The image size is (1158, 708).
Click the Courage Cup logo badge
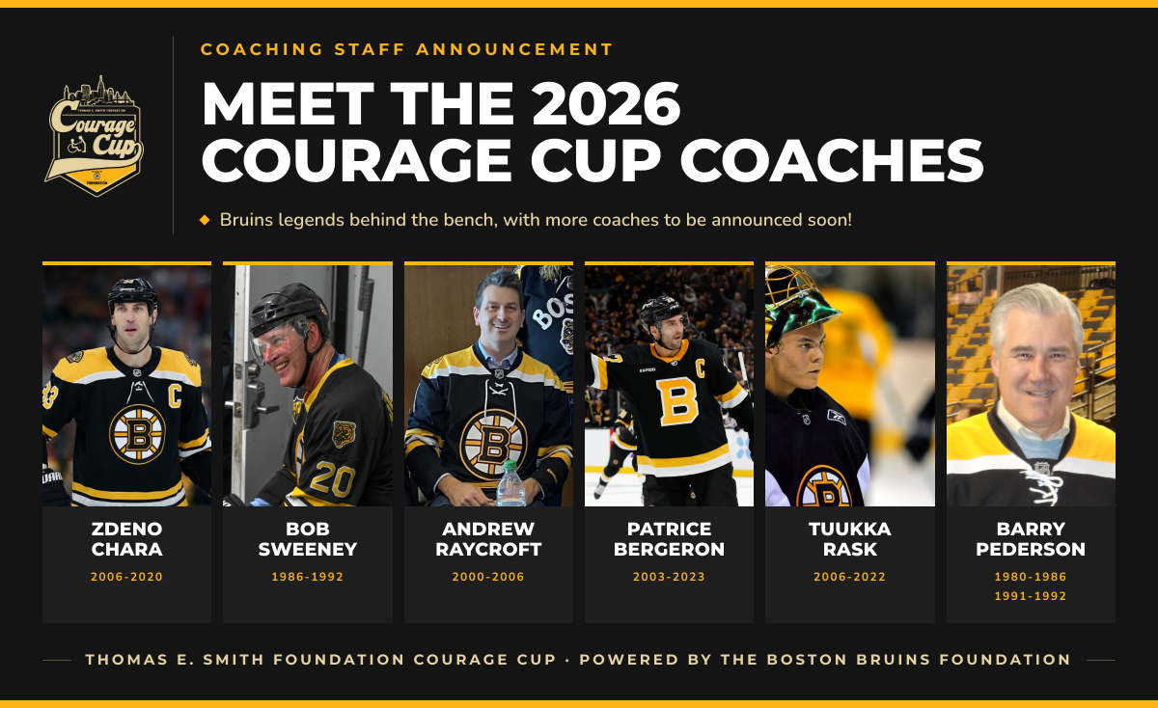[x=95, y=136]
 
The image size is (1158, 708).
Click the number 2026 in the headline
[x=606, y=104]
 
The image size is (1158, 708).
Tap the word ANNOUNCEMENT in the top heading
[x=514, y=49]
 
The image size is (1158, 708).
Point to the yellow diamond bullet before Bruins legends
[x=205, y=220]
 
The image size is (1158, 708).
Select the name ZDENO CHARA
[x=126, y=539]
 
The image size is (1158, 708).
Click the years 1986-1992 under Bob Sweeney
[x=308, y=577]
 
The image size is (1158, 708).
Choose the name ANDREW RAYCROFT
[x=488, y=539]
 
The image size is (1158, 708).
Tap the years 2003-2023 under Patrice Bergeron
[x=669, y=577]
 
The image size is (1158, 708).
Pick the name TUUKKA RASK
[x=850, y=539]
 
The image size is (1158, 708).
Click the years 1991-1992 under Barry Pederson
[x=1031, y=596]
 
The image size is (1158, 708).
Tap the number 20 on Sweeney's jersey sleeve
[x=332, y=479]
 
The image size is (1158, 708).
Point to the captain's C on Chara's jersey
[x=175, y=395]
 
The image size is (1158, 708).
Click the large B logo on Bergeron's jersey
[x=676, y=401]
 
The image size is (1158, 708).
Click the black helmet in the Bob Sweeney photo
[x=288, y=310]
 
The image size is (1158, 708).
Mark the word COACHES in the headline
[x=832, y=160]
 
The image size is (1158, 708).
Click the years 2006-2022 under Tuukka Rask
[x=850, y=577]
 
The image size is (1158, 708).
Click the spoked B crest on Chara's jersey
[x=137, y=434]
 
